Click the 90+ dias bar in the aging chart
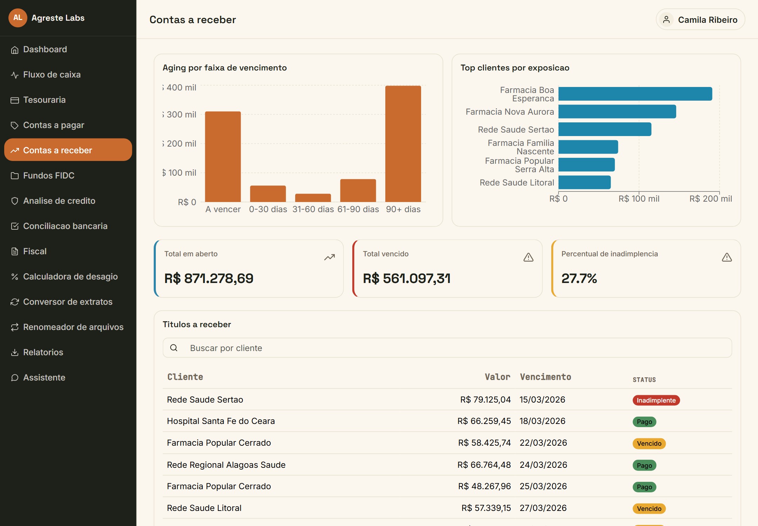click(403, 144)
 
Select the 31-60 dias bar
click(313, 198)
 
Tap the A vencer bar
click(223, 157)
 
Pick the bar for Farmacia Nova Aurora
click(617, 112)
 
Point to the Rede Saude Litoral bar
click(585, 182)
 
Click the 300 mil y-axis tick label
click(180, 115)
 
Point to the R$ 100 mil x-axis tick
click(639, 199)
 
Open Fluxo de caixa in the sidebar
click(52, 75)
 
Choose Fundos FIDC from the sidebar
click(49, 176)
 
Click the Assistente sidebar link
click(44, 378)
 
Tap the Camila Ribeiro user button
click(700, 20)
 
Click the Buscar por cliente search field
click(447, 348)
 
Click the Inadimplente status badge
click(656, 400)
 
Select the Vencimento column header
click(545, 377)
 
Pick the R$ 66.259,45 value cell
click(484, 421)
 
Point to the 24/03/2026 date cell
click(543, 465)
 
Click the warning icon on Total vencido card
click(528, 258)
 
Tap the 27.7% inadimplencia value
click(579, 278)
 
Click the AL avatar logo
click(18, 18)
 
